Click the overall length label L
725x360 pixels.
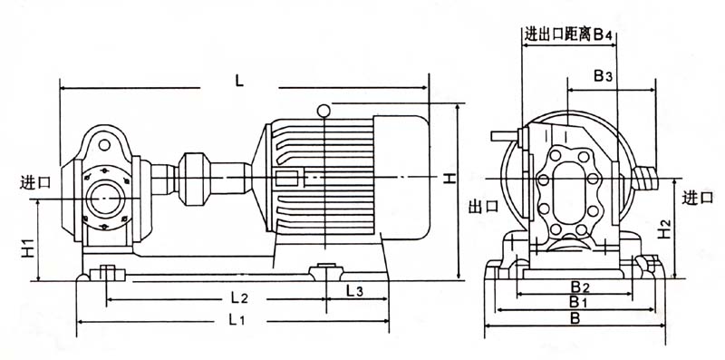238,82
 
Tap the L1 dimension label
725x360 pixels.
236,319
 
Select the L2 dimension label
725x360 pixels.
239,298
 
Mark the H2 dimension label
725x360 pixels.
664,229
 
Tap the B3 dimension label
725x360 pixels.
603,76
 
